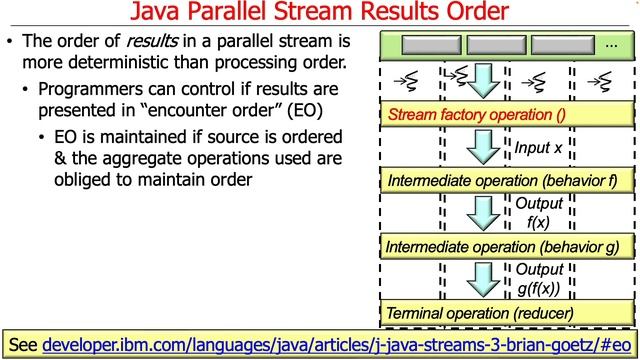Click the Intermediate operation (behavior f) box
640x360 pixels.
pos(508,181)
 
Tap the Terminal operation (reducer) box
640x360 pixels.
pos(508,313)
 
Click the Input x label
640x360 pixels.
pos(539,148)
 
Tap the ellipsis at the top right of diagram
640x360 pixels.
pos(613,45)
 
